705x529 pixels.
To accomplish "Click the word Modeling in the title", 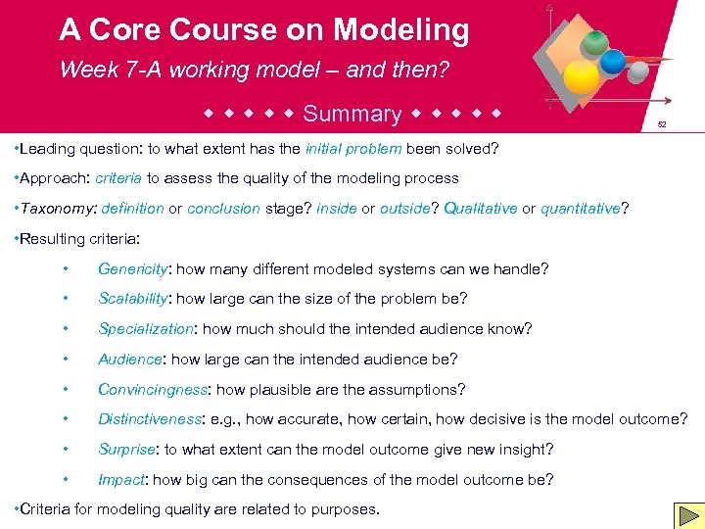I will [x=400, y=30].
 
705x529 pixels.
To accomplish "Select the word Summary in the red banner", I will [x=352, y=114].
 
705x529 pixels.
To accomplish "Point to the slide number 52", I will [x=662, y=125].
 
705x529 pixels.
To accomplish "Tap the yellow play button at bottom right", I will [x=687, y=515].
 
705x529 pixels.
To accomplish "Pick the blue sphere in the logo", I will [x=613, y=62].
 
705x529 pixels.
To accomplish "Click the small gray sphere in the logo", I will [x=637, y=72].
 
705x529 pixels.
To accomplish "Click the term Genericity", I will [x=134, y=268].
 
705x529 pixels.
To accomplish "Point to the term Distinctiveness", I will [x=150, y=419].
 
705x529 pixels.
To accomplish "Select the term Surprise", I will [x=126, y=450].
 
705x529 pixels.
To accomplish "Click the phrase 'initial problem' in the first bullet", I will [x=353, y=149].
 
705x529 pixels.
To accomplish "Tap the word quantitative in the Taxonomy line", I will [x=581, y=209].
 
